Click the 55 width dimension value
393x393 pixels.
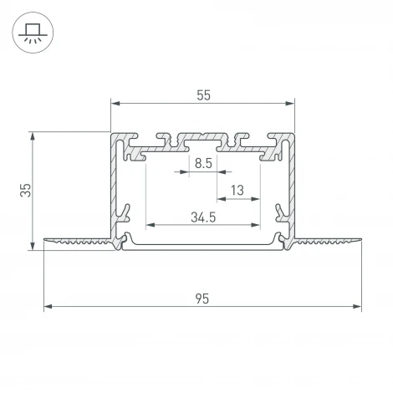tap(203, 94)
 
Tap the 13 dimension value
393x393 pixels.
tap(237, 191)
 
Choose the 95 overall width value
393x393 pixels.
tap(203, 297)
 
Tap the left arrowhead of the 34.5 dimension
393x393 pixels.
tap(151, 225)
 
